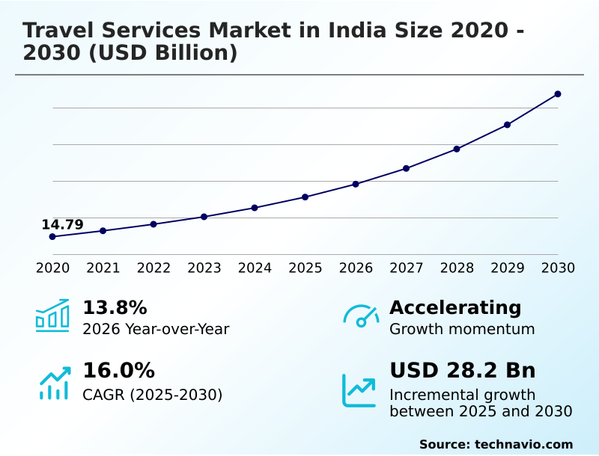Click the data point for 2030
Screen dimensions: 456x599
pos(558,94)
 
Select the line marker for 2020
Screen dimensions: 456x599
pos(52,237)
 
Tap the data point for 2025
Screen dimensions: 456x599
pos(305,197)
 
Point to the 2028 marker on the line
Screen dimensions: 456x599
pos(457,149)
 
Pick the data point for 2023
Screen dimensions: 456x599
pos(204,217)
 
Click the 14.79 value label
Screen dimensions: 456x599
pos(62,225)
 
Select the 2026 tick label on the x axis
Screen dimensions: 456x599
pos(356,268)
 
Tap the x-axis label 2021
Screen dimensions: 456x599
pos(103,268)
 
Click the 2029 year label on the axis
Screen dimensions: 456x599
pos(508,268)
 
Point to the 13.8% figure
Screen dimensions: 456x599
pos(115,308)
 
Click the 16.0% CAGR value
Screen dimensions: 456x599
pos(118,371)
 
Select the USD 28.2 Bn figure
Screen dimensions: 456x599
pos(462,371)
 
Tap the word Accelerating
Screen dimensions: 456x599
pos(455,308)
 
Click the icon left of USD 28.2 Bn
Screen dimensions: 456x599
pos(359,390)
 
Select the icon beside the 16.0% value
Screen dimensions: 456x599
pos(54,383)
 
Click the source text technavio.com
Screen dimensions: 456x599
pos(523,444)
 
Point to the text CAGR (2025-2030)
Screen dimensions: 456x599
pos(152,395)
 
